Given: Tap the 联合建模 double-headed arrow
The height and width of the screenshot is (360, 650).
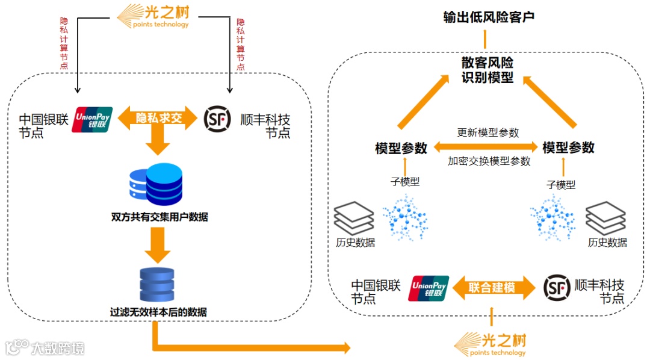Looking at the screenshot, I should click(x=493, y=288).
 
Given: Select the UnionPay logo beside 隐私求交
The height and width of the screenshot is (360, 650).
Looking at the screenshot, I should click(x=92, y=119).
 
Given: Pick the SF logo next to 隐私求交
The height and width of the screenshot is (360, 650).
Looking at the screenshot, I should click(x=217, y=119).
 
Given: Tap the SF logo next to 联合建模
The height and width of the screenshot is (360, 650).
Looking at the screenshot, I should click(x=557, y=288).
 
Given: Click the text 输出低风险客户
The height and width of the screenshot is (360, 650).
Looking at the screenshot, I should click(x=489, y=17).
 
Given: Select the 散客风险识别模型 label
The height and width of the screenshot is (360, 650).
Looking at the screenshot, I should click(x=487, y=70).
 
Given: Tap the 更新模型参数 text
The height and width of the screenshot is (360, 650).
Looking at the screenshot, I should click(x=487, y=132).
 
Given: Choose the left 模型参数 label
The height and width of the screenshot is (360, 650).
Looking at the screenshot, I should click(x=401, y=148).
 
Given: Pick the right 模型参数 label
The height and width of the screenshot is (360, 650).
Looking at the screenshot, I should click(x=568, y=147).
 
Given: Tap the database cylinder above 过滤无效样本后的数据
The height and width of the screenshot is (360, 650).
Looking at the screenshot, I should click(x=156, y=285).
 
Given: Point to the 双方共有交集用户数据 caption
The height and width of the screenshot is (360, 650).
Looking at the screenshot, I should click(x=159, y=217).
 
